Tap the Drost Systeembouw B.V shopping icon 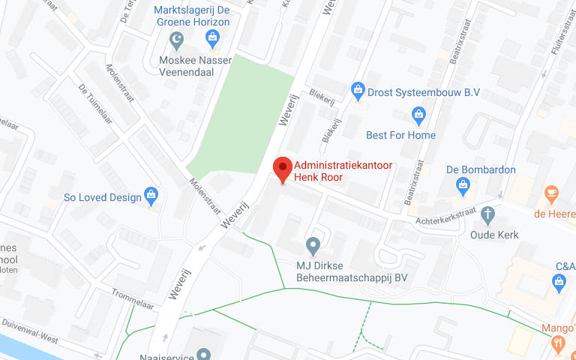[358, 91]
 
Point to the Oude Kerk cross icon [488, 215]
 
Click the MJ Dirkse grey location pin [313, 245]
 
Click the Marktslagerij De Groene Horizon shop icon [212, 37]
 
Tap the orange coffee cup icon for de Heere [552, 193]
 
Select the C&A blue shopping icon [557, 283]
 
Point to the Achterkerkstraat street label [446, 217]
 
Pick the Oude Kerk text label [494, 235]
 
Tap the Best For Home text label [400, 136]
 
